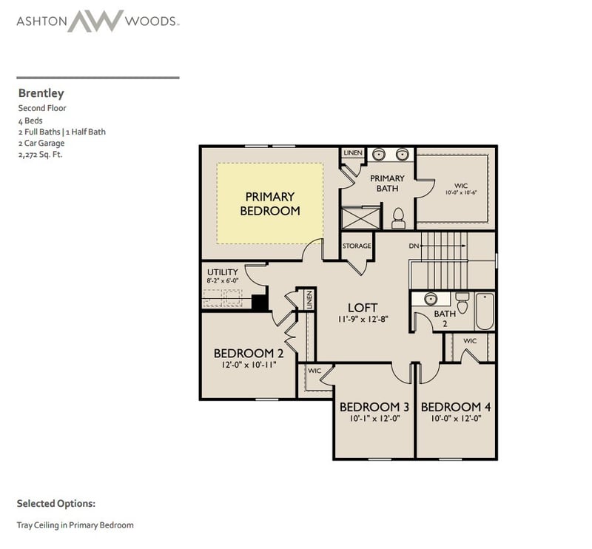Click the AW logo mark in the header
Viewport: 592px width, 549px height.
(x=95, y=20)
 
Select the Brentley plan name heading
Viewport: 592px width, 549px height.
(x=41, y=94)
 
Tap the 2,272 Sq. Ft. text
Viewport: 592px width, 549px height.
(x=40, y=155)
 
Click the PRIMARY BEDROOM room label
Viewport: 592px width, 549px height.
(x=269, y=203)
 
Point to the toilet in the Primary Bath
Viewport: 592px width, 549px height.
(x=398, y=217)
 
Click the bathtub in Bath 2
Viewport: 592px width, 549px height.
(x=485, y=311)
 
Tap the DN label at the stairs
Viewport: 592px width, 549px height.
(x=414, y=246)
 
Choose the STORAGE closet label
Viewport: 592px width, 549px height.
(x=357, y=246)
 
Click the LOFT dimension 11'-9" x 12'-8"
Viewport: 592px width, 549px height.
(x=362, y=320)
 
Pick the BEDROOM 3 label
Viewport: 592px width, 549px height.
(x=374, y=407)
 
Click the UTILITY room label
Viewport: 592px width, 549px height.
(x=222, y=272)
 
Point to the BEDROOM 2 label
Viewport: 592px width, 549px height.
(x=249, y=352)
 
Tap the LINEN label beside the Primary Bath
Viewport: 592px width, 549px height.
(x=353, y=153)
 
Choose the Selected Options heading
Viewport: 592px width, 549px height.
(x=56, y=503)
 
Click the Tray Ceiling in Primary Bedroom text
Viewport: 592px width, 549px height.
(x=75, y=525)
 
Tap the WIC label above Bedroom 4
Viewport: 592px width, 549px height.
(x=470, y=341)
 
